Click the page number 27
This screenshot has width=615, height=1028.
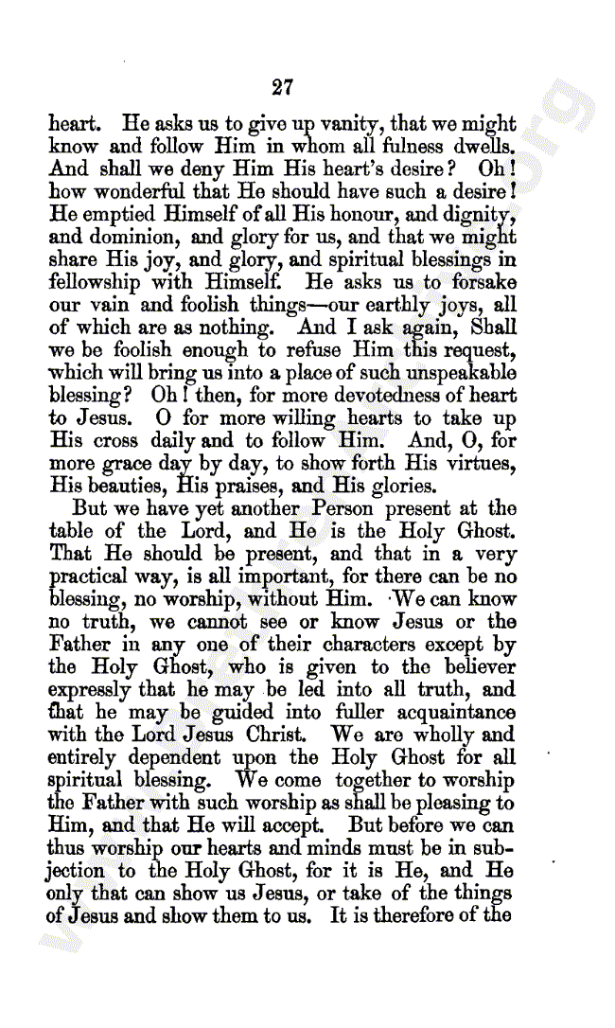282,88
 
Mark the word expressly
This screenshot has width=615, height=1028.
92,691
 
